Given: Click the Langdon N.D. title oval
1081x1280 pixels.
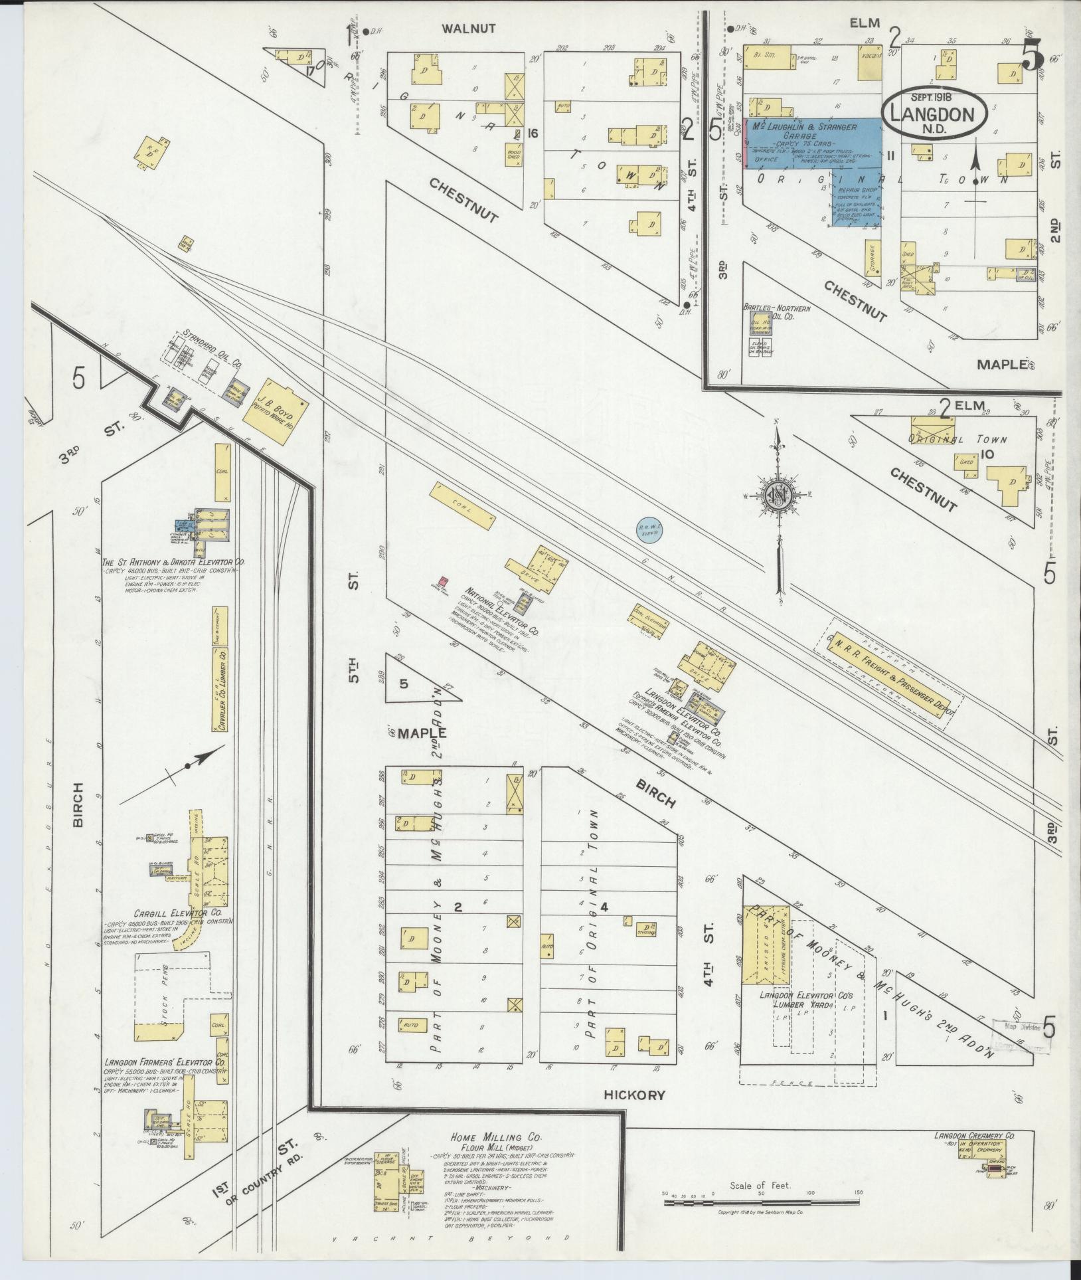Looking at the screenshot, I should click(935, 112).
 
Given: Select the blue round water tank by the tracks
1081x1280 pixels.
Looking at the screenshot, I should click(647, 529).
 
